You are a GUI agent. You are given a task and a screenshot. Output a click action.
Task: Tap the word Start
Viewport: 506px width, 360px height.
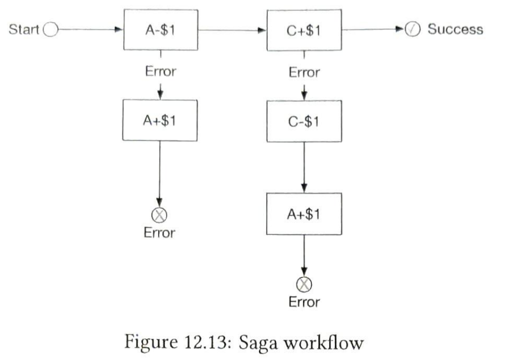tap(24, 29)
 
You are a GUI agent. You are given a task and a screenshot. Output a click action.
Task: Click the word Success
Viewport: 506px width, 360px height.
tap(455, 29)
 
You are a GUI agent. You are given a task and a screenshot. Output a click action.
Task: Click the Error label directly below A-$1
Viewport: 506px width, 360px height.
tap(161, 71)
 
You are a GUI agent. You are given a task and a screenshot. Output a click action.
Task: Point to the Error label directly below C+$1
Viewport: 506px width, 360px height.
tap(304, 72)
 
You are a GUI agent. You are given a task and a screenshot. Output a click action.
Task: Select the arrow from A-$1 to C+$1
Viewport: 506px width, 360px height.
tap(232, 30)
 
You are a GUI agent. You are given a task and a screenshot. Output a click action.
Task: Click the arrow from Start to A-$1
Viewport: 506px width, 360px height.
tap(91, 29)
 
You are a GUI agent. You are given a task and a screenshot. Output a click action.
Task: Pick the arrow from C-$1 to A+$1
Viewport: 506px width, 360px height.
tap(304, 167)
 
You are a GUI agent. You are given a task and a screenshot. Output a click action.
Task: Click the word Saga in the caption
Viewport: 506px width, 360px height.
tap(258, 343)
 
